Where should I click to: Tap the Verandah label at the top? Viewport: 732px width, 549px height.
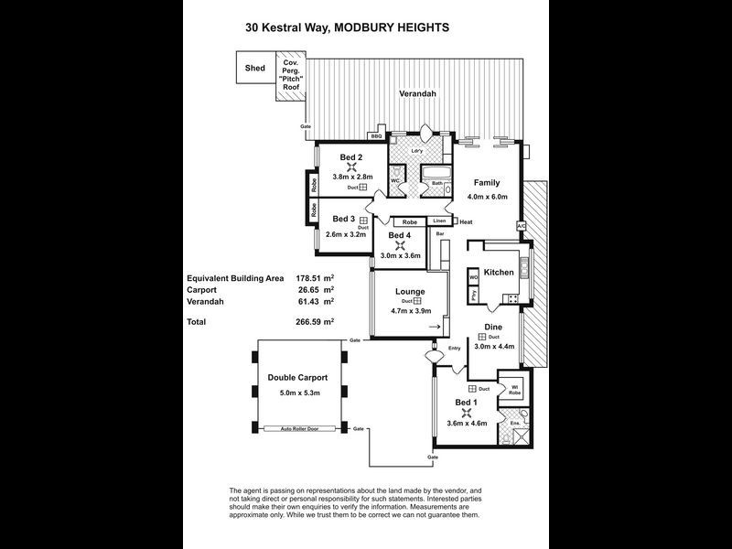pos(415,94)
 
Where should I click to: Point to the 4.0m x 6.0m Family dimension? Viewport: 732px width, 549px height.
pos(487,197)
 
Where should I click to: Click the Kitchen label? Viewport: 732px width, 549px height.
pos(500,273)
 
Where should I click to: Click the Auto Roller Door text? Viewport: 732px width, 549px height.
pos(299,428)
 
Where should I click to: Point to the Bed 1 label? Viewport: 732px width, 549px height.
pos(467,403)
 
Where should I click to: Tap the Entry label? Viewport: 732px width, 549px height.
pos(455,349)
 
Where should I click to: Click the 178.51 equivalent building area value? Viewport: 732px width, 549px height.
pos(311,277)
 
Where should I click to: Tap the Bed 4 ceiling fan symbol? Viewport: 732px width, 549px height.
pos(399,245)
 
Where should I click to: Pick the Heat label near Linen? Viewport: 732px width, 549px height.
pos(466,222)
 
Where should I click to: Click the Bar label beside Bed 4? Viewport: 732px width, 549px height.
pos(440,234)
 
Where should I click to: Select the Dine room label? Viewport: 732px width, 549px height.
pos(493,327)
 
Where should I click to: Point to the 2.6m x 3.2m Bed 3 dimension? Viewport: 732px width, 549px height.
pos(346,234)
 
